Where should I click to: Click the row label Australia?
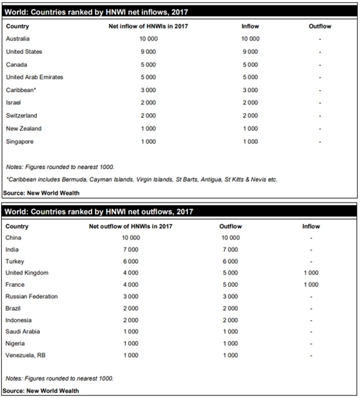tap(17, 39)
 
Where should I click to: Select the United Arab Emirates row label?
tap(34, 77)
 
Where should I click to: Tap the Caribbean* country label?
tap(21, 90)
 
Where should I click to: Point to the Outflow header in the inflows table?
tap(320, 26)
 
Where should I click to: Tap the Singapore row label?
tap(20, 142)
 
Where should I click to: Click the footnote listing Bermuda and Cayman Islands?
tap(142, 180)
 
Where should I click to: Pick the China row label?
tap(13, 238)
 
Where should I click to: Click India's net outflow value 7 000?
tap(131, 250)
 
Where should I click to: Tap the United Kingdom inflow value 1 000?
tap(310, 273)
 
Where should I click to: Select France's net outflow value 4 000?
tap(131, 284)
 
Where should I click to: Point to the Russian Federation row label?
tap(31, 296)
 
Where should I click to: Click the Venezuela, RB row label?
tap(26, 355)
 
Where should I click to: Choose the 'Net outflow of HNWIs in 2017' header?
tap(131, 227)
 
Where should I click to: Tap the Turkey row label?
tap(15, 261)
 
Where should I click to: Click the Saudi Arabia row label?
tap(23, 332)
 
